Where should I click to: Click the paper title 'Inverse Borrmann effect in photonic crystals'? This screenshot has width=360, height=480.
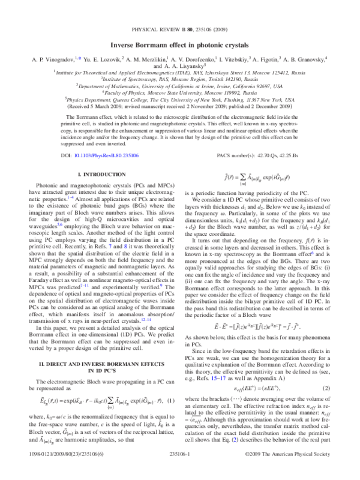(180, 45)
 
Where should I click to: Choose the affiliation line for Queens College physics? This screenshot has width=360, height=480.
(180, 100)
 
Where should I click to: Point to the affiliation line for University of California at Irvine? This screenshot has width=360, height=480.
(180, 86)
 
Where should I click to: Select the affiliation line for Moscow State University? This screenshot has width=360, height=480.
(180, 92)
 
